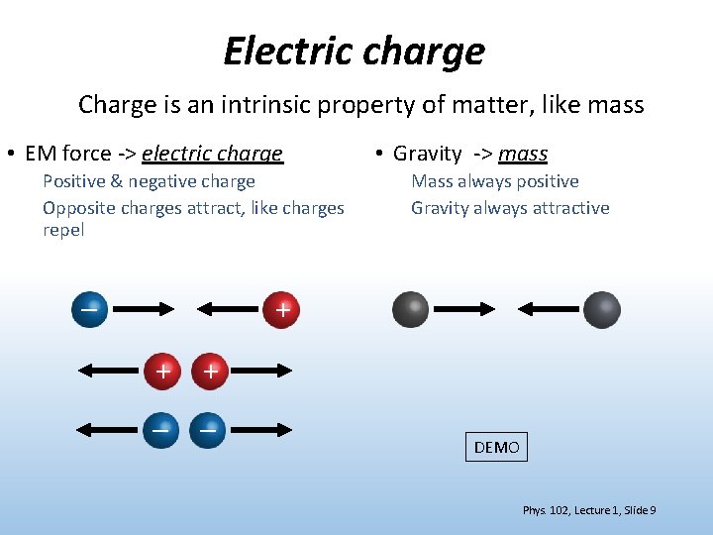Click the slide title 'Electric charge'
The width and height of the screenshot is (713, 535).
(x=355, y=51)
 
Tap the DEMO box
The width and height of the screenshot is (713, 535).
(x=496, y=447)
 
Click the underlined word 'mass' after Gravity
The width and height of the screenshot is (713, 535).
(x=523, y=154)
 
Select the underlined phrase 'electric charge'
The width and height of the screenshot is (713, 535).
(x=212, y=154)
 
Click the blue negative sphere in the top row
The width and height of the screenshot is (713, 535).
(x=89, y=309)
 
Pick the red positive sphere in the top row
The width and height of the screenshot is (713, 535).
(x=282, y=309)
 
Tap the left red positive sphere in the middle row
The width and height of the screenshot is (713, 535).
(x=161, y=371)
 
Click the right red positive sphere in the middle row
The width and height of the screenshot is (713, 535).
(x=209, y=371)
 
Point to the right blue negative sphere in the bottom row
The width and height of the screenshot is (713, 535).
(x=208, y=429)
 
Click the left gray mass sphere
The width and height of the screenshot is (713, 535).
(x=411, y=309)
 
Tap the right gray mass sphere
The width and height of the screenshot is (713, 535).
(x=601, y=309)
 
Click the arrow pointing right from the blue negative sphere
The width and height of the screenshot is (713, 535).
(x=140, y=309)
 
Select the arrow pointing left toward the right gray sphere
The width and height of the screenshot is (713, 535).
(x=551, y=309)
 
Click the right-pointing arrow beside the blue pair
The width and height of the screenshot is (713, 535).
(x=260, y=429)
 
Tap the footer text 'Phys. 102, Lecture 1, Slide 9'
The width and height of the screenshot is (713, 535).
(x=588, y=510)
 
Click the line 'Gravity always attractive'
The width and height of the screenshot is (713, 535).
(x=510, y=208)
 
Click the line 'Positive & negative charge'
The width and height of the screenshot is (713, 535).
(x=149, y=181)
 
